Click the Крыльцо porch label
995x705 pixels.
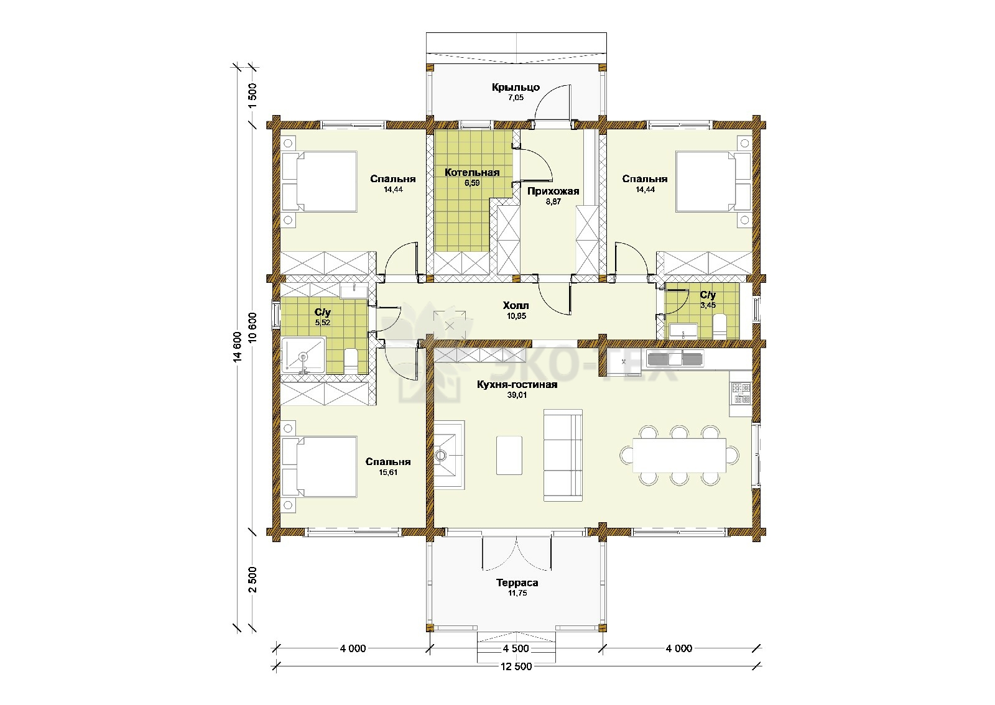coord(516,88)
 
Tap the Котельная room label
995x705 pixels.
coord(472,172)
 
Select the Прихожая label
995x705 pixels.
coord(553,191)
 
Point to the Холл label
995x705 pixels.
coord(516,305)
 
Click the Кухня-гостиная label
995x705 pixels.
coord(517,384)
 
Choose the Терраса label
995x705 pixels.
coord(517,583)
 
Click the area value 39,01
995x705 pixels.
coord(517,395)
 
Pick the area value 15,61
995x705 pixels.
coord(388,472)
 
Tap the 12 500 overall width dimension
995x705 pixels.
coord(516,666)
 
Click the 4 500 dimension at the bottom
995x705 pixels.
coord(516,648)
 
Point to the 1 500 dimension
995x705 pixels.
coord(252,96)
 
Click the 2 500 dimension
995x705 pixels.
coord(252,579)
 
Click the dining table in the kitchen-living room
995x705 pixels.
coord(679,455)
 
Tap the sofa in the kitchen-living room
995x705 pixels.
coord(563,455)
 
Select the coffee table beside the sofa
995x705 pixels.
coord(509,455)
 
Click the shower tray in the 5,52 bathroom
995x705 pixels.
coord(303,355)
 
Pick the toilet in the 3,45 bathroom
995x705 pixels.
coord(719,327)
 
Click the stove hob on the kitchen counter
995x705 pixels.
coord(740,393)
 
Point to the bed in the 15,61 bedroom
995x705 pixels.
coord(319,467)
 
